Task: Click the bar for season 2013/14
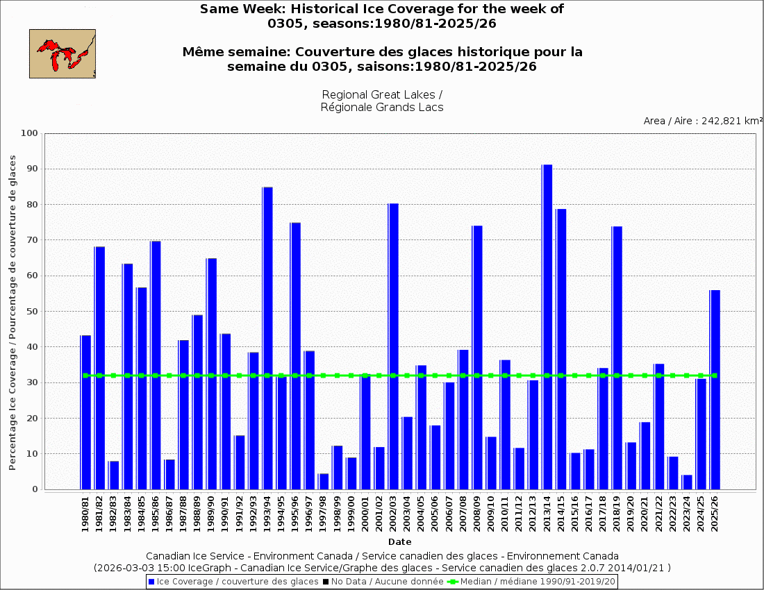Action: coord(547,326)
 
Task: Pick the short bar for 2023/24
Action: coord(687,482)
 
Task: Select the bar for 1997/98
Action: coord(323,481)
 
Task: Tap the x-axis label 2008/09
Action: coord(477,514)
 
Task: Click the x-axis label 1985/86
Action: coord(156,514)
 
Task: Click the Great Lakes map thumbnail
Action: coord(63,53)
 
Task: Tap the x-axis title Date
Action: coord(399,541)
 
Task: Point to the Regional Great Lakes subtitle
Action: coord(382,101)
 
